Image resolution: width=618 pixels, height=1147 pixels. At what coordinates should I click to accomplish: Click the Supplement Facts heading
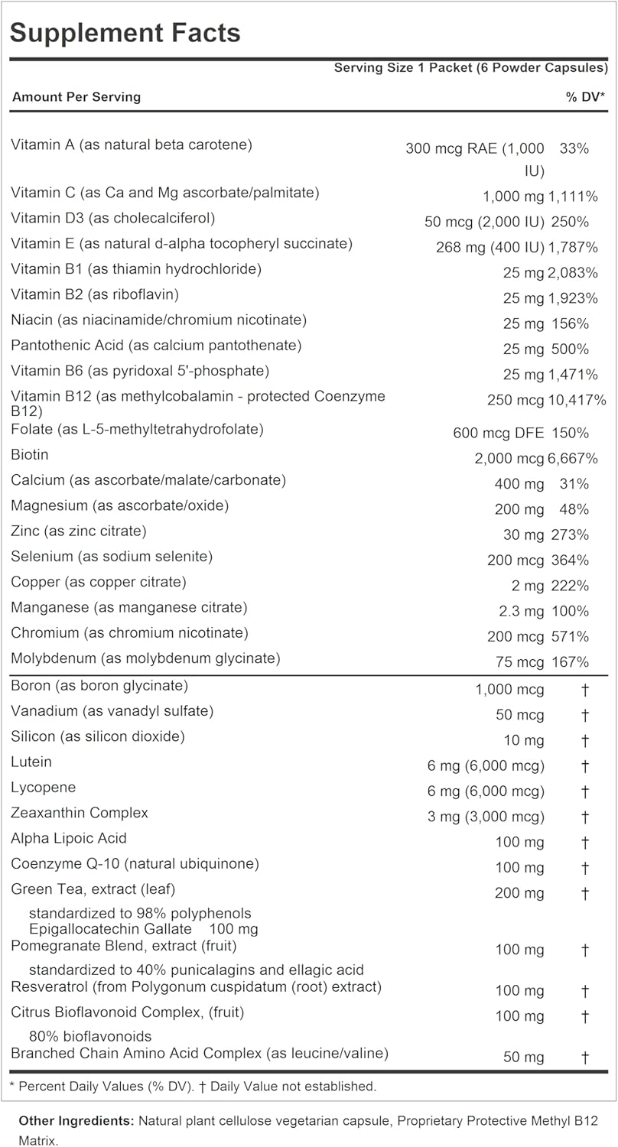click(125, 33)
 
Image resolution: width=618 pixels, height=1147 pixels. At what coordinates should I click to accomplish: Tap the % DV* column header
click(586, 97)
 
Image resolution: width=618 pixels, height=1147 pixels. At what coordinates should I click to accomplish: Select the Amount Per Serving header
click(76, 97)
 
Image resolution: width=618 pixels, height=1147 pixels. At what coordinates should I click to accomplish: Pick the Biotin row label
click(30, 455)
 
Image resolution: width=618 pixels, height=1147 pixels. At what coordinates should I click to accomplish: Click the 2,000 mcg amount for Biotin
click(509, 458)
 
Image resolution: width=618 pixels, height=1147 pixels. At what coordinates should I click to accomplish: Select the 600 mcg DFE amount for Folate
click(499, 433)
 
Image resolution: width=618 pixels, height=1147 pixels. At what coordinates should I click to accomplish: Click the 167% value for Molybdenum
click(569, 661)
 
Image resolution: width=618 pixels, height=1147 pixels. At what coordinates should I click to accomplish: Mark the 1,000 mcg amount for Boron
click(509, 690)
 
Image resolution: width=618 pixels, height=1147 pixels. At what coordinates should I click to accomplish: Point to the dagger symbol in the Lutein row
click(584, 765)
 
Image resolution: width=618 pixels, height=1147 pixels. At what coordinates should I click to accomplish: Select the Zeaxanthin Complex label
click(80, 813)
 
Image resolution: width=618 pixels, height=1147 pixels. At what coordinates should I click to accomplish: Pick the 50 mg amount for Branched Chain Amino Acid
click(524, 1058)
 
